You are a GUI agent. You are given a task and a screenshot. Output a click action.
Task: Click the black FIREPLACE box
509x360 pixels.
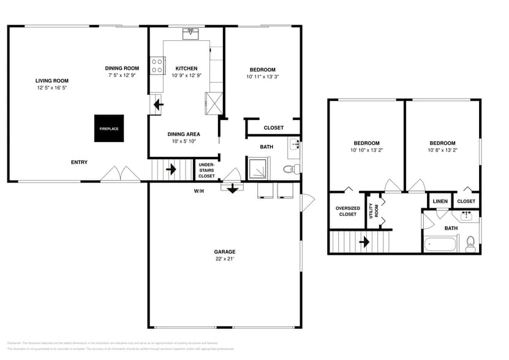[x=109, y=129]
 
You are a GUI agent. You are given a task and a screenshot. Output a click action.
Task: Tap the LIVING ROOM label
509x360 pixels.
[x=51, y=81]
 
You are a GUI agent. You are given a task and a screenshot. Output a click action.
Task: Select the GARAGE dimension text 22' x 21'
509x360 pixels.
[x=224, y=259]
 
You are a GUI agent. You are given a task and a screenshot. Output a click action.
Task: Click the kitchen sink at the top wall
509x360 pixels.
[x=191, y=32]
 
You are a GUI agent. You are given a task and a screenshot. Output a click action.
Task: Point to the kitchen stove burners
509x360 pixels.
[x=157, y=64]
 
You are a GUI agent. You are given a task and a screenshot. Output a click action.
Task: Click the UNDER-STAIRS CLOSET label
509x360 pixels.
[x=206, y=169]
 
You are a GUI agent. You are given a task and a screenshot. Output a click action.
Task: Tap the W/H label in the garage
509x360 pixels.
[x=198, y=190]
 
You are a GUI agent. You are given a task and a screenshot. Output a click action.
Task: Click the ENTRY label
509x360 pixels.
[x=79, y=162]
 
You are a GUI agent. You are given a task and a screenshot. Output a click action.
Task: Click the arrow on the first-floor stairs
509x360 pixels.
[x=171, y=168]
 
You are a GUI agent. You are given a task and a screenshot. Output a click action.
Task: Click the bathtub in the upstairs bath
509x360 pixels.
[x=440, y=245]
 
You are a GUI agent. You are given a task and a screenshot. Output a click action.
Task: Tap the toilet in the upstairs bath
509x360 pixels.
[x=470, y=244]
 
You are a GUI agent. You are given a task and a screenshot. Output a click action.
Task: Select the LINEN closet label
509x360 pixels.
[x=440, y=201]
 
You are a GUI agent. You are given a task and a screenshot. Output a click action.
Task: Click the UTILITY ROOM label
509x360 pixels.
[x=371, y=211]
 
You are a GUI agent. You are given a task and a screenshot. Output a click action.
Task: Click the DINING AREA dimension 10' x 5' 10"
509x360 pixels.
[x=184, y=141]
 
